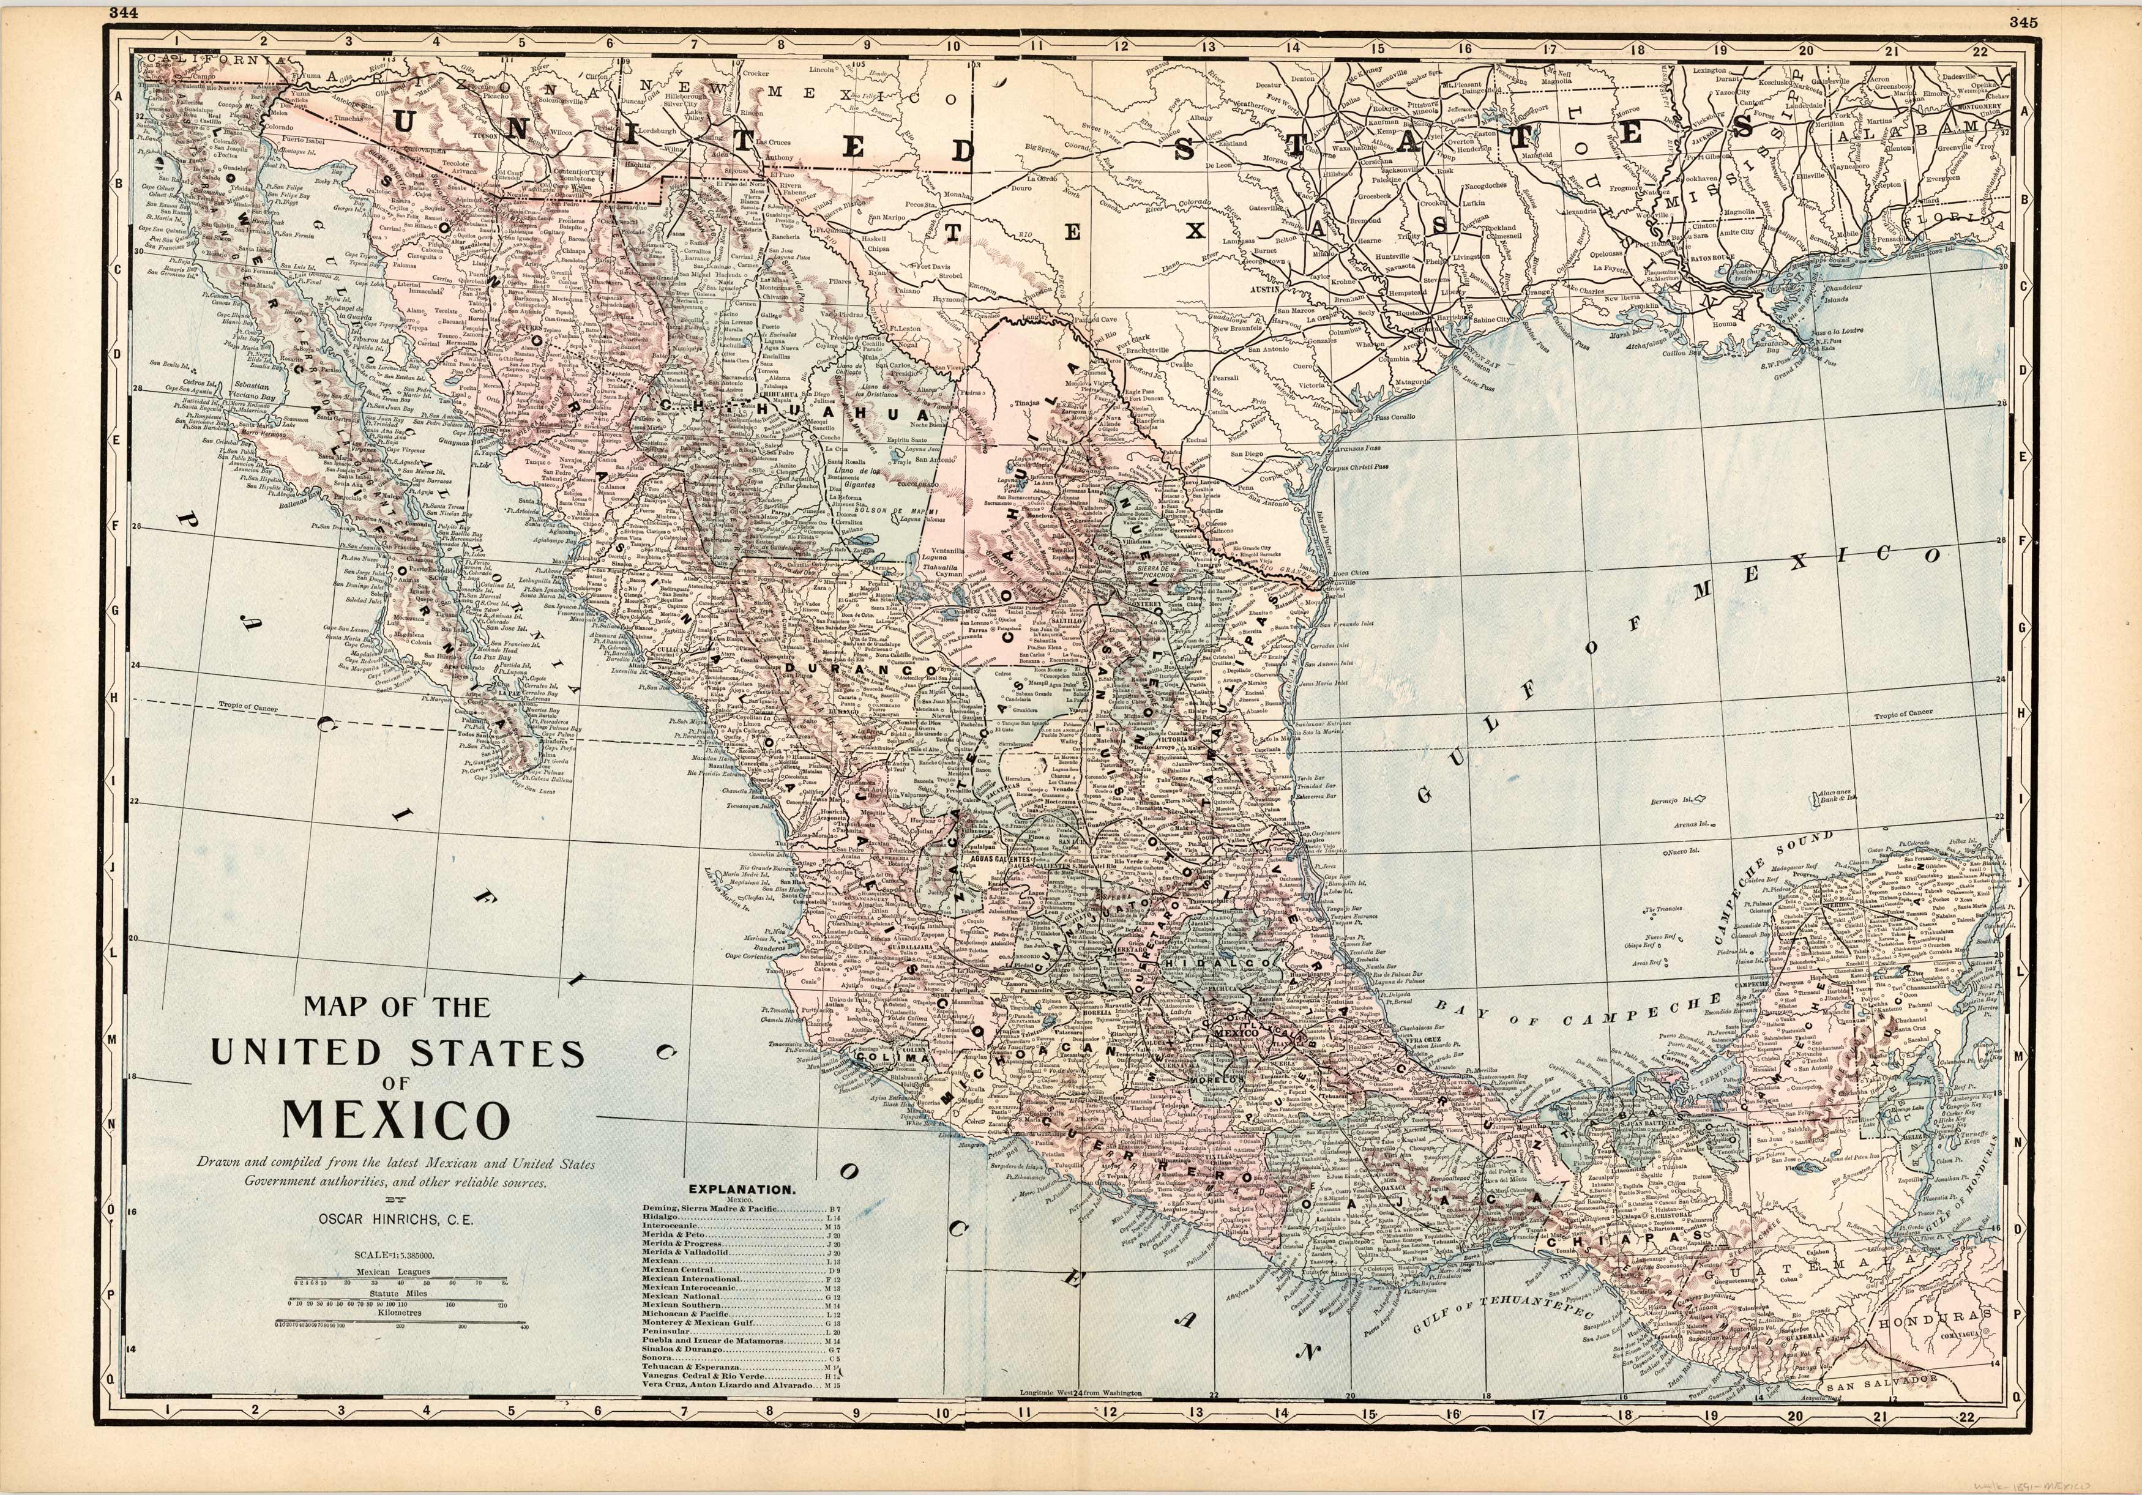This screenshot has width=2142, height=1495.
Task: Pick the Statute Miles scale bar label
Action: pyautogui.click(x=397, y=1294)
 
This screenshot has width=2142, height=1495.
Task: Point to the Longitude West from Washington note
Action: pyautogui.click(x=1081, y=1393)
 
